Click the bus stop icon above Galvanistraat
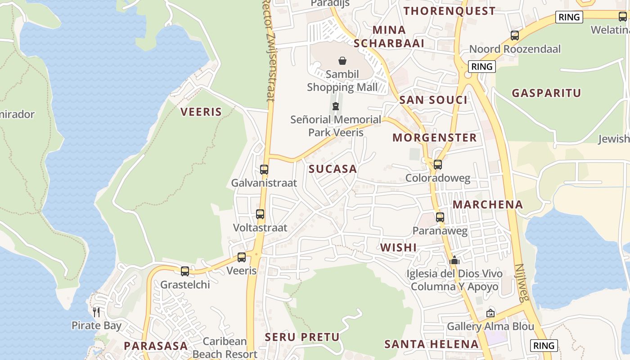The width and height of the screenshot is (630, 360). click(264, 170)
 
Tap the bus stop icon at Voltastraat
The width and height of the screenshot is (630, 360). click(260, 214)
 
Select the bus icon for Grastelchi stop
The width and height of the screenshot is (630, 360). click(185, 271)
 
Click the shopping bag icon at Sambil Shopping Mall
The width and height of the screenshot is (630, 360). click(342, 61)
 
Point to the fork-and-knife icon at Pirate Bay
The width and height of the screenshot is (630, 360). click(96, 312)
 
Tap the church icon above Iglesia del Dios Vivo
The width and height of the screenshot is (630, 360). click(454, 260)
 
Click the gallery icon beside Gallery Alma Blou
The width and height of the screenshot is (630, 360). click(490, 313)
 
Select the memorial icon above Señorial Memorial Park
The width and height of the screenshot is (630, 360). click(336, 106)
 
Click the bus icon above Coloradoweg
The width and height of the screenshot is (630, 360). click(438, 165)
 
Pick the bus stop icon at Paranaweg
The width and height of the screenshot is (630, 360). click(440, 217)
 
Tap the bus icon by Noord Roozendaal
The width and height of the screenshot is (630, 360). click(515, 36)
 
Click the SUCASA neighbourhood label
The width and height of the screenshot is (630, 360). click(333, 169)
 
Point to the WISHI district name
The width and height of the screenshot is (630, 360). click(398, 247)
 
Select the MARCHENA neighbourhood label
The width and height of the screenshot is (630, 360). click(488, 205)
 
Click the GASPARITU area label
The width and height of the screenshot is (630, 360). click(547, 93)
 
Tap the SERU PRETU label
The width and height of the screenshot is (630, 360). click(302, 337)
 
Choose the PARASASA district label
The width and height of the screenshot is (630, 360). click(156, 346)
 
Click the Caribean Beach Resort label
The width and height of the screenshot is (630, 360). click(225, 347)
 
